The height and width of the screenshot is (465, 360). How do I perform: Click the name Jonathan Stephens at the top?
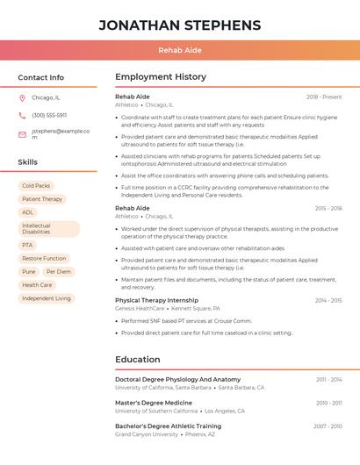[x=179, y=25]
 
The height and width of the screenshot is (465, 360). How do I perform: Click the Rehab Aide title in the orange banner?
[x=179, y=50]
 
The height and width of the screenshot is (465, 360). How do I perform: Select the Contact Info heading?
[x=41, y=77]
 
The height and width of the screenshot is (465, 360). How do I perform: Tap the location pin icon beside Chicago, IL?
[x=22, y=97]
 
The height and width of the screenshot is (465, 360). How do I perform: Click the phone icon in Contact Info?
[x=22, y=115]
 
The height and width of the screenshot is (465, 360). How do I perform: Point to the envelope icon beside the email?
[x=22, y=134]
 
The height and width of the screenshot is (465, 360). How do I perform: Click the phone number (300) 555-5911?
[x=49, y=115]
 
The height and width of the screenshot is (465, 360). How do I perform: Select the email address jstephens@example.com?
[x=61, y=133]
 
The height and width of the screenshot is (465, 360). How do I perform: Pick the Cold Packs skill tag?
[x=36, y=186]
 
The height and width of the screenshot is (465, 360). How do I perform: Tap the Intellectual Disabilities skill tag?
[x=48, y=229]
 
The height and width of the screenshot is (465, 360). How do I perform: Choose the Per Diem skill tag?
[x=59, y=272]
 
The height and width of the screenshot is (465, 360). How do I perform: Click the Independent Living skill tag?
[x=47, y=298]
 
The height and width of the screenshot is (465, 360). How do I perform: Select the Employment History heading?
[x=161, y=77]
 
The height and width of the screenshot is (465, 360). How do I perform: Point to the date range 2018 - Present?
[x=324, y=97]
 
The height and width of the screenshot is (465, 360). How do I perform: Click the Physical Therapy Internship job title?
[x=156, y=300]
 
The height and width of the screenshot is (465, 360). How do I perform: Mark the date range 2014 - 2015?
[x=328, y=300]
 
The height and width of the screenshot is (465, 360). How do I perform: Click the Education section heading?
[x=138, y=359]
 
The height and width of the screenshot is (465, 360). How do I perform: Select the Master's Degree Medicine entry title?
[x=153, y=403]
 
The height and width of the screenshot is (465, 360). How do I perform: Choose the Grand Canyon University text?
[x=147, y=434]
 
